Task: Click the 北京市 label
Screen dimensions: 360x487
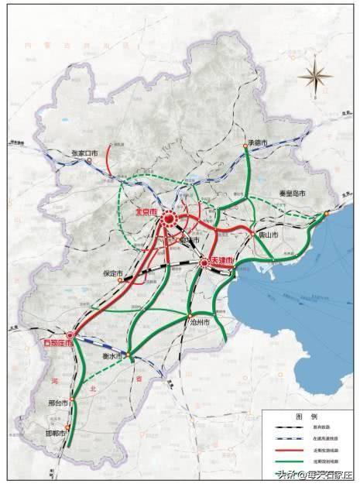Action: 146,211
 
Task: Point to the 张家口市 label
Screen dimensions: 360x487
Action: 84,153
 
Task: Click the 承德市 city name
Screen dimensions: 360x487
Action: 257,143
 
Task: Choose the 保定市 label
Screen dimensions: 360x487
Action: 114,273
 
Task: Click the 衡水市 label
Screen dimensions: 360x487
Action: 114,356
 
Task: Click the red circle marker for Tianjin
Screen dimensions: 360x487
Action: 204,263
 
